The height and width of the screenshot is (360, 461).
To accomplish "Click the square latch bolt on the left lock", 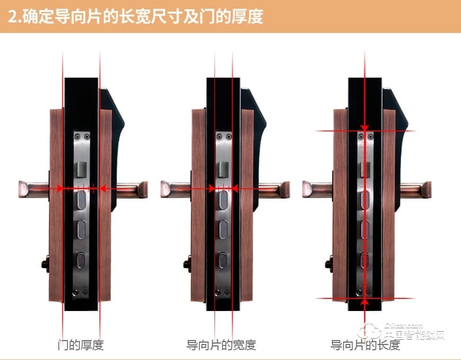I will tap(81, 170).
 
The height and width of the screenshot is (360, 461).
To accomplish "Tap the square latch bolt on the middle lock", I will tap(223, 170).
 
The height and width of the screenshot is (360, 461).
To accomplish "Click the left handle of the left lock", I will tap(35, 189).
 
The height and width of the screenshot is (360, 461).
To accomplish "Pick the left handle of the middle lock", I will tap(176, 189).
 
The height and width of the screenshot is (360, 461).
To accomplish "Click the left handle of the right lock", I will tap(318, 189).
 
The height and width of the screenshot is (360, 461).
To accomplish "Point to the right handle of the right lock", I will tap(414, 189).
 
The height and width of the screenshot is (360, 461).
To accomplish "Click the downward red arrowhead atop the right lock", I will tap(365, 127).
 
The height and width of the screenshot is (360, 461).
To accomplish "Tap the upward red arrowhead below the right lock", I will tap(365, 302).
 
